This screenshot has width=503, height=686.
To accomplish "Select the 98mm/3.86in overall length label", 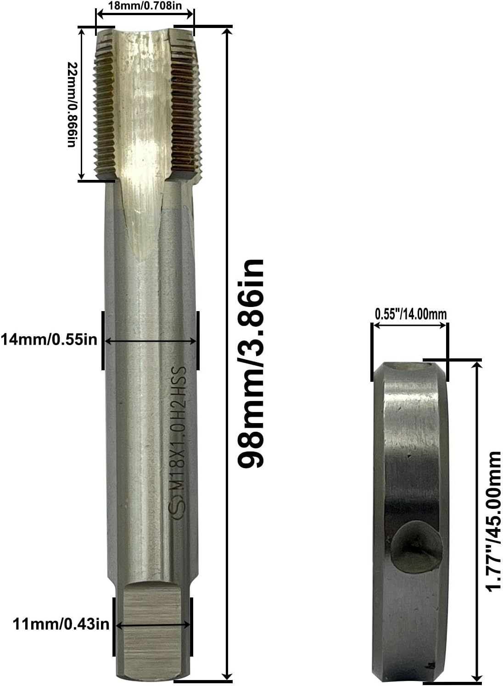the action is click(x=251, y=363).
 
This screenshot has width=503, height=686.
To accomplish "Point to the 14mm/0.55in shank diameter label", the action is click(x=49, y=340).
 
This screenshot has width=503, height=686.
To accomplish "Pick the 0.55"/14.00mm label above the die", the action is click(x=410, y=314).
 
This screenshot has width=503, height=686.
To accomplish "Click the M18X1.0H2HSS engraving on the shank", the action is click(x=178, y=432).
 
